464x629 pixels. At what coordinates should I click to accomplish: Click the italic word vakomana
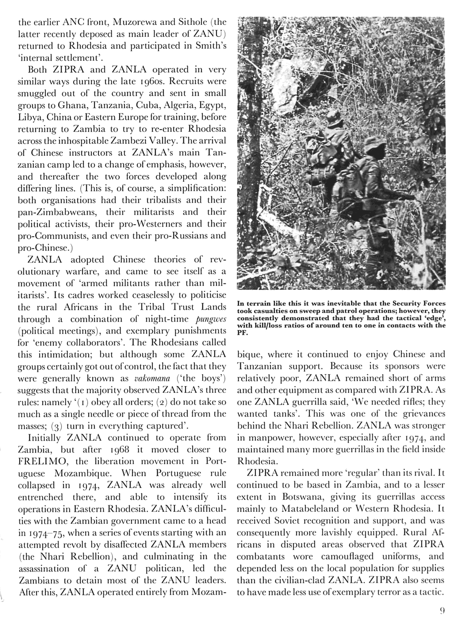point(152,378)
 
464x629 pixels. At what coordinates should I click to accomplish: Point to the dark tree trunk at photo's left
point(250,140)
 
